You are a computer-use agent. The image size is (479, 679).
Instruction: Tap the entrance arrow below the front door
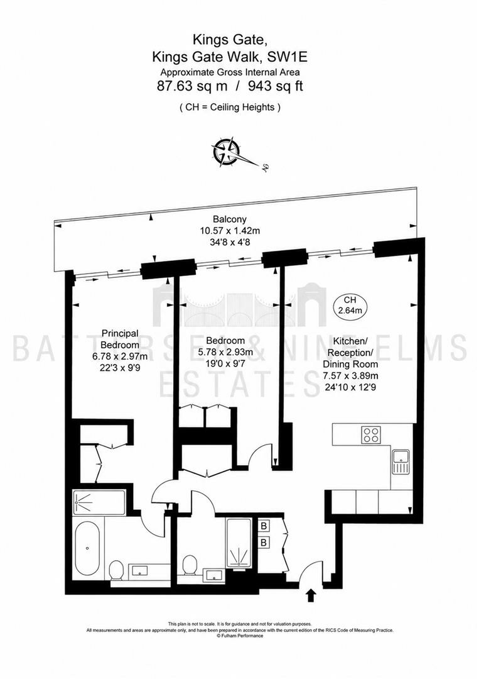[x=310, y=595]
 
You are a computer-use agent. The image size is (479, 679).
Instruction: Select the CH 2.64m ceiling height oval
[x=350, y=305]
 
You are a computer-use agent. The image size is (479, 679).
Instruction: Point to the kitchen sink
[x=401, y=462]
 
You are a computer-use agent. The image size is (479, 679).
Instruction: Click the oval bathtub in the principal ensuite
[x=87, y=548]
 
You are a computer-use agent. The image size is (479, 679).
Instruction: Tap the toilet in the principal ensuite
[x=116, y=570]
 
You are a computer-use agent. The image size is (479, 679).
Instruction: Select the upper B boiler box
[x=264, y=526]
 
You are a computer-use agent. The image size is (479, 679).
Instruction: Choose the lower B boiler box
[x=264, y=542]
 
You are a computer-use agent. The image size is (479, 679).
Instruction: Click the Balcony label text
[x=230, y=219]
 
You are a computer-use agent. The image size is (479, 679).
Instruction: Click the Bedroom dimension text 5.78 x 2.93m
[x=225, y=352]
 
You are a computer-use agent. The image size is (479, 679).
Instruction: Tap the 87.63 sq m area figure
[x=192, y=86]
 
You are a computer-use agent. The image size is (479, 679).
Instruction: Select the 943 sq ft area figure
[x=276, y=86]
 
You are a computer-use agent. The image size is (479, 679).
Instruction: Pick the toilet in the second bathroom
[x=190, y=565]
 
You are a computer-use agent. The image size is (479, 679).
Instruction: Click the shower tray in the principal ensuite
[x=99, y=502]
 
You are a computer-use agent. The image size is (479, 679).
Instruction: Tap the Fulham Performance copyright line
[x=240, y=636]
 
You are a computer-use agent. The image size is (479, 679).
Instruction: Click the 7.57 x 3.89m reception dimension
[x=350, y=376]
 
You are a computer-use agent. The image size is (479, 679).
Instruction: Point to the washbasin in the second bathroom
[x=213, y=575]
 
